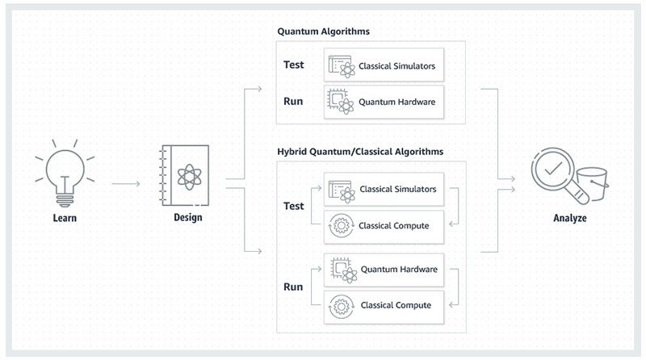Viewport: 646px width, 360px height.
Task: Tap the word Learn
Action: pyautogui.click(x=65, y=218)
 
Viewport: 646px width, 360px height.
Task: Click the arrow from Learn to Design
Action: pyautogui.click(x=126, y=183)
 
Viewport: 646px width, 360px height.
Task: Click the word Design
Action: pyautogui.click(x=188, y=217)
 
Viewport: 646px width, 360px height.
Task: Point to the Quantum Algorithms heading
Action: pyautogui.click(x=324, y=31)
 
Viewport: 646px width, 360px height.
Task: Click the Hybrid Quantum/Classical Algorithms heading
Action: pyautogui.click(x=360, y=152)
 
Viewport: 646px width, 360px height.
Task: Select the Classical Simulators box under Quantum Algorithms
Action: pyautogui.click(x=384, y=65)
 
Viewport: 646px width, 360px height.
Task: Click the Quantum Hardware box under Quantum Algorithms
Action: pyautogui.click(x=384, y=102)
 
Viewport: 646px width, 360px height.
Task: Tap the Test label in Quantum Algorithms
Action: pyautogui.click(x=293, y=65)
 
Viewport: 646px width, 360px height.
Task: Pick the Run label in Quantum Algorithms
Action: pyautogui.click(x=293, y=102)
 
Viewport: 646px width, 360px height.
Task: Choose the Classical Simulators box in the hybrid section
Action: pyautogui.click(x=384, y=190)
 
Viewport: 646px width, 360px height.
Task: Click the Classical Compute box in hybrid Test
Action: pyautogui.click(x=384, y=227)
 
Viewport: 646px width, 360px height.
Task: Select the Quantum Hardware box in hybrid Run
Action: pyautogui.click(x=384, y=270)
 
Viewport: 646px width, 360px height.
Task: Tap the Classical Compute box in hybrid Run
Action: pyautogui.click(x=384, y=307)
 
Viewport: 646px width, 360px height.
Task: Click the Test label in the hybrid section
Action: pyautogui.click(x=293, y=206)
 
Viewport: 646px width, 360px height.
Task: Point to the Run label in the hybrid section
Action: pyautogui.click(x=293, y=287)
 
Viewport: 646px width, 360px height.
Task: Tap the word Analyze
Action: pyautogui.click(x=570, y=218)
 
